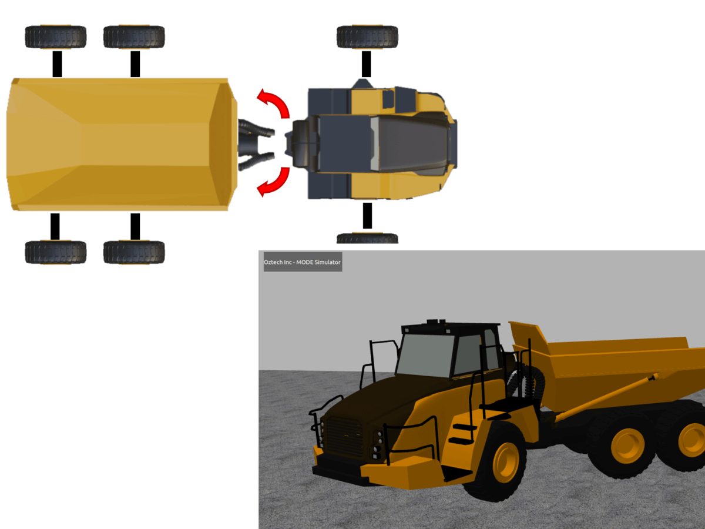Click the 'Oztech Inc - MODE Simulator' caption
pyautogui.click(x=303, y=262)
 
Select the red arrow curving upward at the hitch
pyautogui.click(x=274, y=103)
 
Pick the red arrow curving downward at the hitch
pyautogui.click(x=274, y=181)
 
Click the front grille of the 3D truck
pyautogui.click(x=344, y=437)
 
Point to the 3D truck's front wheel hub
pyautogui.click(x=505, y=462)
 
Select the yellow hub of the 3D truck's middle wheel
pyautogui.click(x=627, y=446)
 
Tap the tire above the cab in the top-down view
pyautogui.click(x=367, y=37)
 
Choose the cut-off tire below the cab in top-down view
pyautogui.click(x=367, y=238)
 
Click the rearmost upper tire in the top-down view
pyautogui.click(x=56, y=37)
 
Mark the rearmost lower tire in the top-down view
pyautogui.click(x=56, y=252)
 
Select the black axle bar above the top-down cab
pyautogui.click(x=367, y=63)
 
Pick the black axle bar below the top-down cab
pyautogui.click(x=367, y=216)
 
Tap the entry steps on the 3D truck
pyautogui.click(x=463, y=434)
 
